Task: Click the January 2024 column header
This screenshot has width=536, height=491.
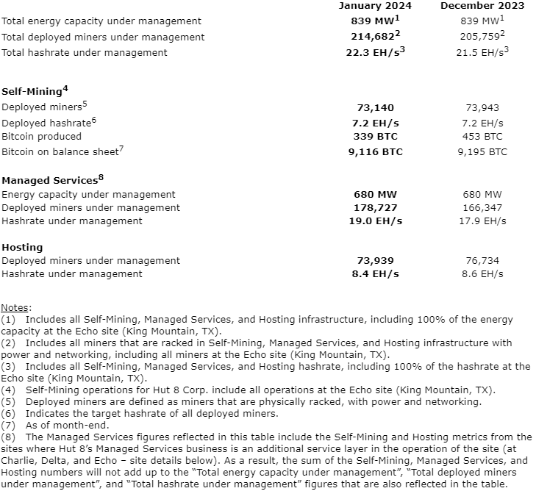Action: tap(375, 6)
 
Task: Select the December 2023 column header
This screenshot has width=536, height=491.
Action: tap(482, 6)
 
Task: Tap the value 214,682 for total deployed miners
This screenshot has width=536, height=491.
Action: tap(373, 37)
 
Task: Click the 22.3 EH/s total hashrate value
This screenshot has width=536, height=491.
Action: tap(374, 52)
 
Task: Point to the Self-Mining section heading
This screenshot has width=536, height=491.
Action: tap(32, 92)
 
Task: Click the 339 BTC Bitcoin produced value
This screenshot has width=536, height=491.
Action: tap(375, 136)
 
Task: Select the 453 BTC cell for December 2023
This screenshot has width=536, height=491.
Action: tap(482, 136)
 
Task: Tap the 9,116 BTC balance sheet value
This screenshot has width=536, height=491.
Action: tap(375, 152)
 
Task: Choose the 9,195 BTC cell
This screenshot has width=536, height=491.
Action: tap(482, 152)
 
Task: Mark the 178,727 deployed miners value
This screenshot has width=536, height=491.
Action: tap(375, 208)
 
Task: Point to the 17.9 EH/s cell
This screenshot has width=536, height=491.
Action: tap(482, 221)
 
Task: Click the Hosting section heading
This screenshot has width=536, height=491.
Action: tap(22, 248)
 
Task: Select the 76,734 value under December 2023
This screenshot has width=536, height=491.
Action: tap(482, 260)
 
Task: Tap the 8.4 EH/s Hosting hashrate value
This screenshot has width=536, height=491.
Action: tap(375, 273)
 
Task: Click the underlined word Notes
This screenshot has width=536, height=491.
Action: tap(15, 307)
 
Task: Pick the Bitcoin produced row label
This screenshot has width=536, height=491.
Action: tap(41, 136)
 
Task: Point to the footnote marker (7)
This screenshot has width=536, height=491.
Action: tap(8, 424)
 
